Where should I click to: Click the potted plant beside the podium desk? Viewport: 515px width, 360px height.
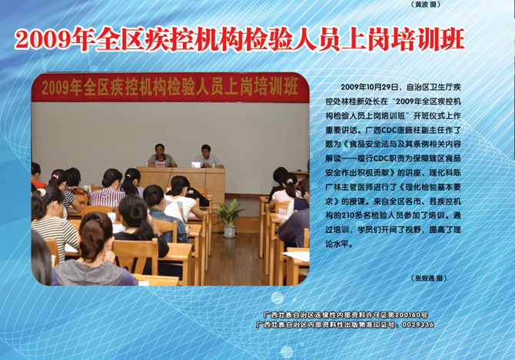[x=229, y=218]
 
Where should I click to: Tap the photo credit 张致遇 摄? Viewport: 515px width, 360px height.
[x=429, y=278]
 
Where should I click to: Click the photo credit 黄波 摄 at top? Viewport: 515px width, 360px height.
[x=425, y=5]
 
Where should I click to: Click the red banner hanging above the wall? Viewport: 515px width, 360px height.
[x=170, y=88]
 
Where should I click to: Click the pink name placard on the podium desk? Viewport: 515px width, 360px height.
[x=161, y=164]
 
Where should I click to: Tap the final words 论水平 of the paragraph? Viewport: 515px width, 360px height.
[x=337, y=245]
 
